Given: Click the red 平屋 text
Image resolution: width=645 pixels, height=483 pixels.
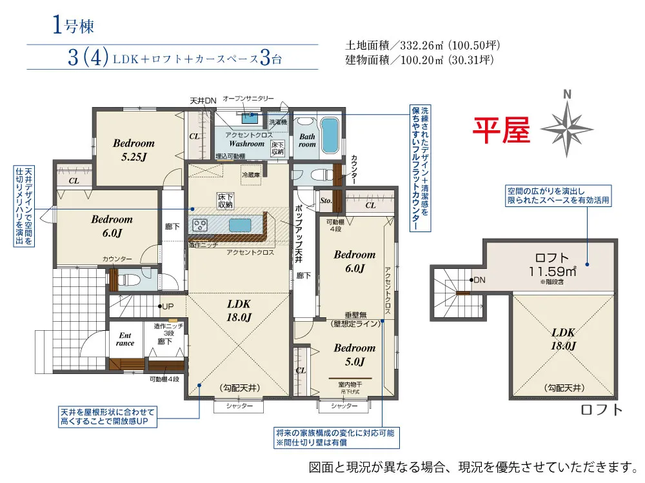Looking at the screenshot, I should [x=501, y=130].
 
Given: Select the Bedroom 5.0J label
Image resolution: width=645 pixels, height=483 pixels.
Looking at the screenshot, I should [x=354, y=354].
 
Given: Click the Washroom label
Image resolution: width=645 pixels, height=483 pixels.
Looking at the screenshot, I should [x=246, y=144].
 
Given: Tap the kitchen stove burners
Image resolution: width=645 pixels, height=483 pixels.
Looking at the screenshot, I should [x=199, y=225].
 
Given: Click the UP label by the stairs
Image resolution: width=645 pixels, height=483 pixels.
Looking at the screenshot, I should [x=168, y=306].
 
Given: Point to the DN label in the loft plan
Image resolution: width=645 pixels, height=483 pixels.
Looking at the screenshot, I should [x=479, y=281].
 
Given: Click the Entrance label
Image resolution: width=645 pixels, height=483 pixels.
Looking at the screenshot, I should [x=125, y=339].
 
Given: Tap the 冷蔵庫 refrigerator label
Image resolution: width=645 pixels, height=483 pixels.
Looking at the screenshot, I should [x=250, y=175].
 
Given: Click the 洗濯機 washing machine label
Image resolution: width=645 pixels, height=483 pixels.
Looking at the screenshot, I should [x=278, y=121].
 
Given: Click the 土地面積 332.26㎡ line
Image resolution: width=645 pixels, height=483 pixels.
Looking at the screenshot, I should [x=423, y=46].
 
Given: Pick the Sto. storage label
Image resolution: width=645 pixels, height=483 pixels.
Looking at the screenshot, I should [x=326, y=201].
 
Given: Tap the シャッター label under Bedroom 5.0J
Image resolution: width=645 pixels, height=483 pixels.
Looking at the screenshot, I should [x=344, y=406].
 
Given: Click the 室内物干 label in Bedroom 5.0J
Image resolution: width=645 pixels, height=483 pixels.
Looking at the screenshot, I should [x=350, y=384].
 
